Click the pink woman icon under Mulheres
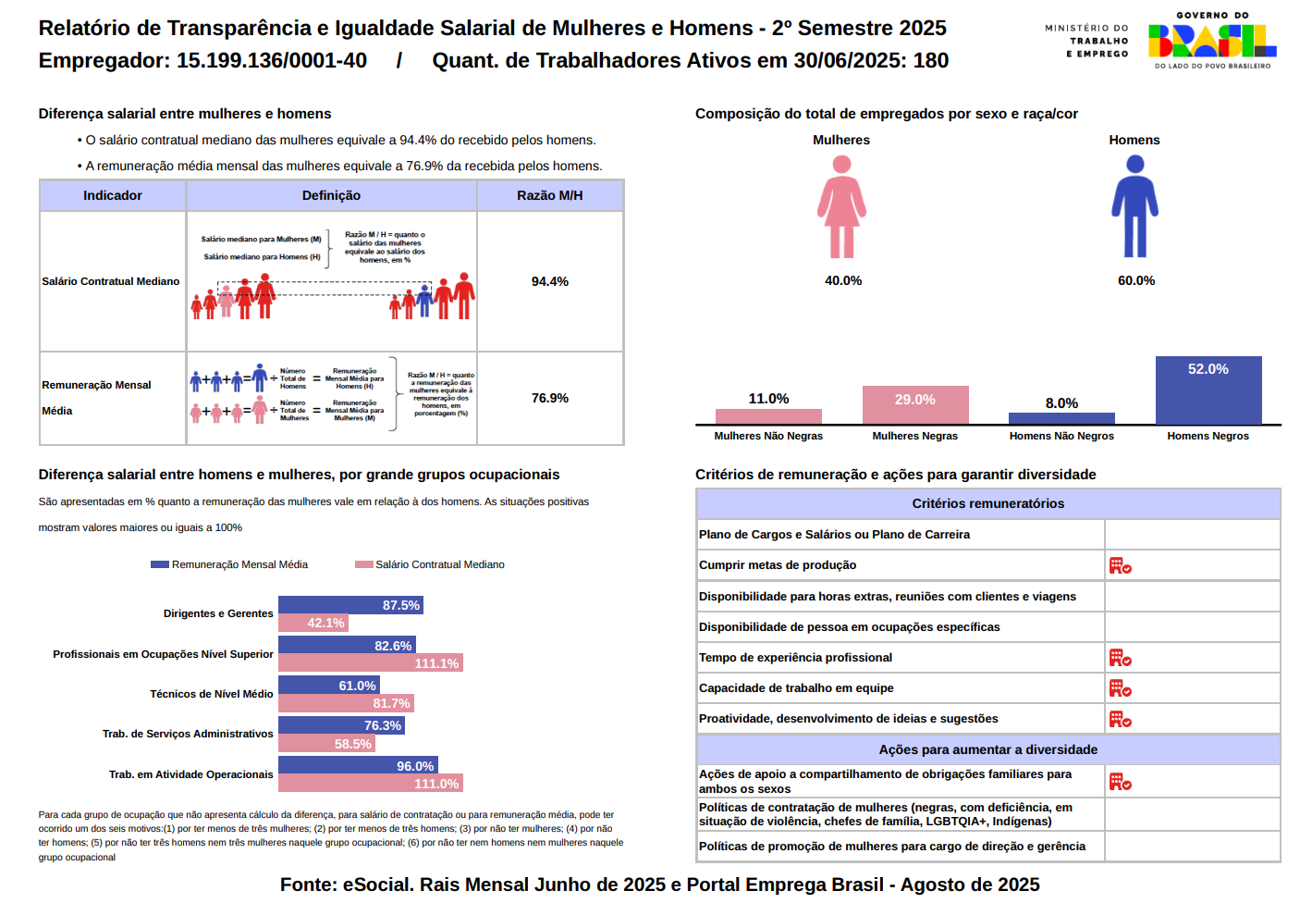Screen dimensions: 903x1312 tap(841, 206)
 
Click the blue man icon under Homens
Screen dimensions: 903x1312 tap(1134, 206)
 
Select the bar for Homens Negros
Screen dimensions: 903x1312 tap(1208, 390)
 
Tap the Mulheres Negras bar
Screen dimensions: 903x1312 tap(914, 405)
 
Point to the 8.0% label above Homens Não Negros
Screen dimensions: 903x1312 tap(1061, 403)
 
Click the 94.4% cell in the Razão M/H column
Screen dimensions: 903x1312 tap(549, 281)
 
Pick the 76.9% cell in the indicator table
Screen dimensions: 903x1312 tap(549, 398)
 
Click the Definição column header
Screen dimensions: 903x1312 tap(331, 195)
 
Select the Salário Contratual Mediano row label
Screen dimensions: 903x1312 tap(111, 281)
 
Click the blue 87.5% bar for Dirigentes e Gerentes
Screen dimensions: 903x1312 tap(350, 605)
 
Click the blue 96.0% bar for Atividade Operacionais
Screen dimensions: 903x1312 tap(357, 766)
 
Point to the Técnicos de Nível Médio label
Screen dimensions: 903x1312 tap(212, 694)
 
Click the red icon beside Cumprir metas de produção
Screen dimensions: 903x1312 tap(1120, 565)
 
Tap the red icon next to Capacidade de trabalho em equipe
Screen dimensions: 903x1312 tap(1120, 688)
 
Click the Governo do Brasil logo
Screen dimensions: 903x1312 tap(1212, 42)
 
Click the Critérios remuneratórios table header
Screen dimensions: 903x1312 tap(987, 503)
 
